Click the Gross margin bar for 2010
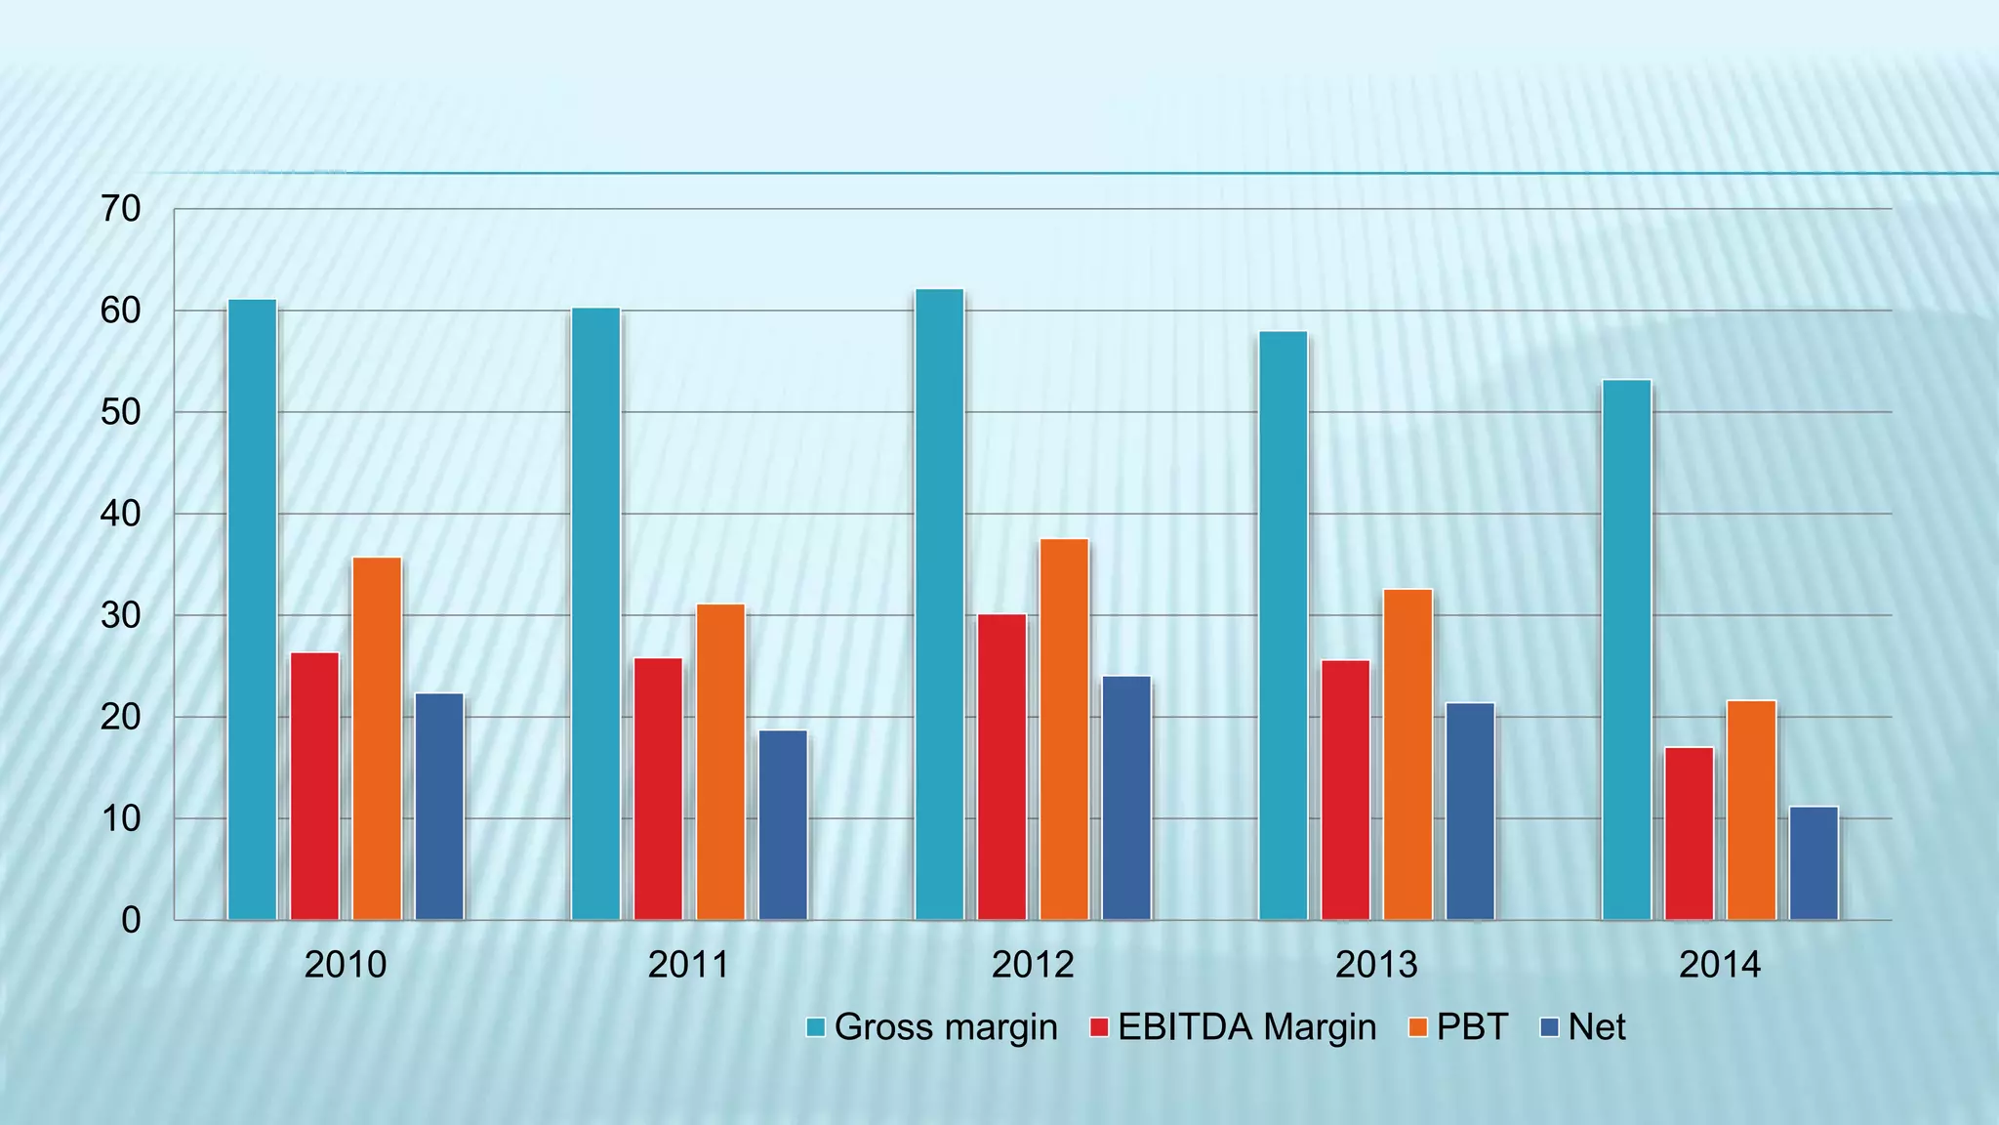coord(252,610)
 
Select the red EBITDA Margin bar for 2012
coord(1001,768)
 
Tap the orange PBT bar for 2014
coord(1751,811)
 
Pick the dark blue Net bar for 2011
coord(783,825)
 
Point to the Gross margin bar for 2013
coord(1283,626)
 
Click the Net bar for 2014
coord(1814,863)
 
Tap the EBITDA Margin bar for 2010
coord(314,786)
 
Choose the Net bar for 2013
coord(1470,812)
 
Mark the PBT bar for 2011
coord(720,762)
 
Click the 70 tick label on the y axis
coord(121,209)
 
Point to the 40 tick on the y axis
coord(121,514)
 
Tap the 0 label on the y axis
coord(131,920)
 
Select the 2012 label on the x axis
coord(1033,965)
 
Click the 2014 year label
coord(1720,965)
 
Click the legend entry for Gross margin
coord(945,1027)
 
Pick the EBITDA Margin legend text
coord(1246,1027)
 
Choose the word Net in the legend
coord(1596,1027)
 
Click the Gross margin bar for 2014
coord(1626,650)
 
